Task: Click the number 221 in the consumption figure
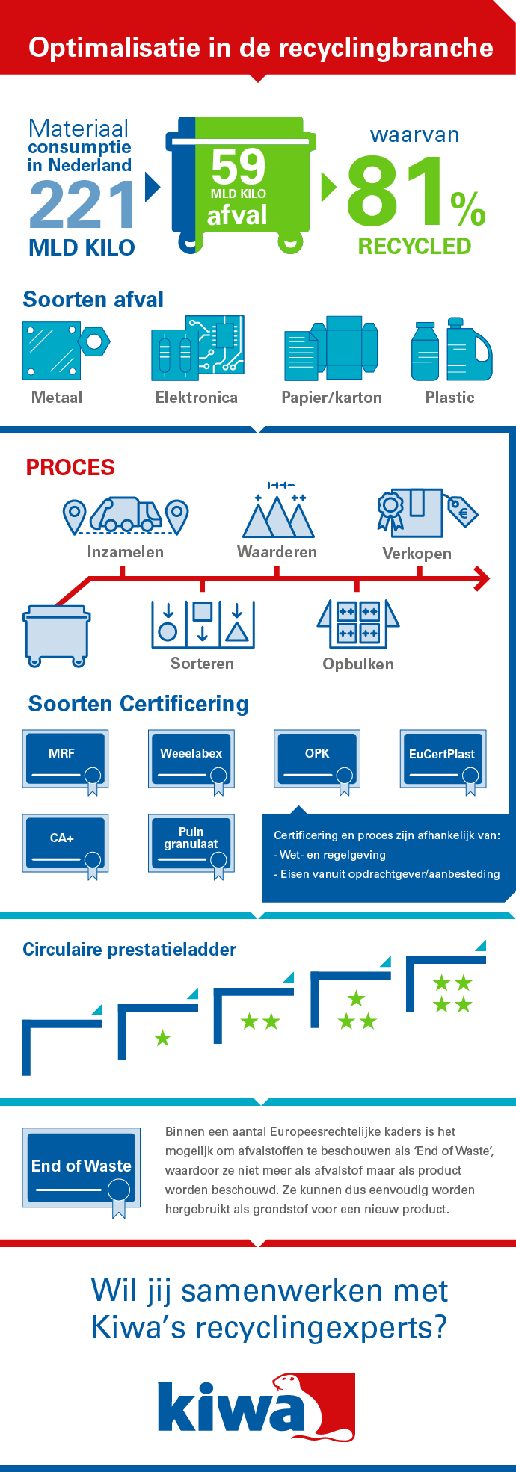click(x=82, y=205)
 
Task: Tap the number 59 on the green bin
click(x=238, y=167)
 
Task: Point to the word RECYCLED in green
click(x=414, y=246)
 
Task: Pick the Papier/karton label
click(x=331, y=398)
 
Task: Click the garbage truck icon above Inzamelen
click(x=126, y=514)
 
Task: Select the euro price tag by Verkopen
click(x=462, y=512)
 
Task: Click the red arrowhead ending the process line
click(x=482, y=578)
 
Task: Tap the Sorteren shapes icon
click(x=203, y=624)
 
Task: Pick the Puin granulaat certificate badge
click(x=191, y=844)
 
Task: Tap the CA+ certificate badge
click(x=65, y=844)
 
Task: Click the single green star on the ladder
click(x=162, y=1038)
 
